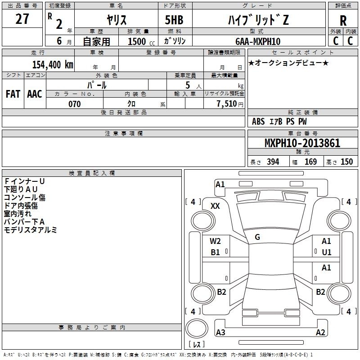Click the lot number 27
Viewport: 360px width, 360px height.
point(22,19)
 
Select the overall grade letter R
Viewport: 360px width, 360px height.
point(343,21)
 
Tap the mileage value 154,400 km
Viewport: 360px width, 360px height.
point(53,64)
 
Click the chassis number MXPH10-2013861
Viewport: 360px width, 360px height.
point(302,143)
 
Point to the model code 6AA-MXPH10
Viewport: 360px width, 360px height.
point(258,41)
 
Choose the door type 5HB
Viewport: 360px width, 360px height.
point(174,20)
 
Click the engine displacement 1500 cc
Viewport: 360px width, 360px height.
point(141,41)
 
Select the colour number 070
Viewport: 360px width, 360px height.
point(75,104)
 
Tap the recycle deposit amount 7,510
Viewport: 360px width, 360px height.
point(227,104)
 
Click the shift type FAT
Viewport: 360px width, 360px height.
point(13,94)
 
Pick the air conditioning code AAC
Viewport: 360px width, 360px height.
point(35,94)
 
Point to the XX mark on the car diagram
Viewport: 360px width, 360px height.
point(215,206)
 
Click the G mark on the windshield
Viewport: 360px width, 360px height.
point(257,237)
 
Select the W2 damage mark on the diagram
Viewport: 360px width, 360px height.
point(215,241)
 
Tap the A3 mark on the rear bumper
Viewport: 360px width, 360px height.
point(220,332)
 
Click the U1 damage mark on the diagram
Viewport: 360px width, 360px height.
point(327,252)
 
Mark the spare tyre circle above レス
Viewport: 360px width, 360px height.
point(197,328)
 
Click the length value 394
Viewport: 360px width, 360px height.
point(273,162)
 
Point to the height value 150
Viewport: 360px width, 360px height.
point(346,162)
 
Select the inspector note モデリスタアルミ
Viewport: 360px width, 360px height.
point(30,230)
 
